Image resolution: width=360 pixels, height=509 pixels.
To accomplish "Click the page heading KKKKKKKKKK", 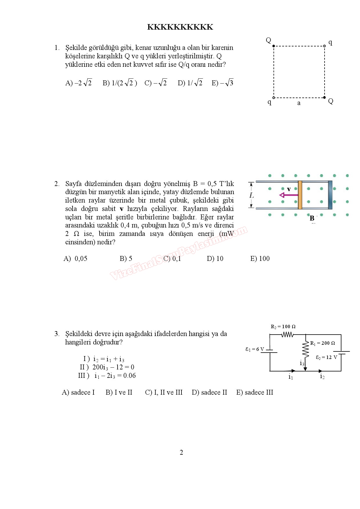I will click(x=180, y=27).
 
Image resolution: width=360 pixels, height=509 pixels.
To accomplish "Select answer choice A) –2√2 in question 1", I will click(x=78, y=83).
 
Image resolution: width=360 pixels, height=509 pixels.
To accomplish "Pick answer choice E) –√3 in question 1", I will click(x=222, y=83).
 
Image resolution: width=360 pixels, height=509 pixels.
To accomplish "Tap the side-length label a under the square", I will click(x=299, y=103).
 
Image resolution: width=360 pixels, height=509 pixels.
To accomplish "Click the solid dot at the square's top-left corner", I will click(x=273, y=46).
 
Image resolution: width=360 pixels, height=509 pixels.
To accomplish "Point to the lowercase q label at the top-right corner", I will click(x=330, y=42).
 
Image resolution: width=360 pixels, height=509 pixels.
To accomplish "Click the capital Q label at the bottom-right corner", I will click(x=330, y=101).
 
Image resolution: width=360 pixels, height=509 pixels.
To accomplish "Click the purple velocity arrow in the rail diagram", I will click(x=289, y=195).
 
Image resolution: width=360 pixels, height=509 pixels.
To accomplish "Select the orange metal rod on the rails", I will click(x=300, y=195).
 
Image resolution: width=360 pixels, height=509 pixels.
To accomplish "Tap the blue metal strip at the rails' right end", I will click(x=330, y=195).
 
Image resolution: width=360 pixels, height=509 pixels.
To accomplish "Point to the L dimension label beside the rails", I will click(x=251, y=195).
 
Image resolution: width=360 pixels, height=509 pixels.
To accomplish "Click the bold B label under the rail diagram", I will click(x=312, y=218).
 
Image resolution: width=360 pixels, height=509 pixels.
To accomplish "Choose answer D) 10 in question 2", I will click(x=215, y=259).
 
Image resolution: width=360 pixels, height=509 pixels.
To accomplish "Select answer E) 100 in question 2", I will click(x=260, y=259).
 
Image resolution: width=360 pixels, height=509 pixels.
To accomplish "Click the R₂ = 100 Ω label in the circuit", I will click(x=283, y=326).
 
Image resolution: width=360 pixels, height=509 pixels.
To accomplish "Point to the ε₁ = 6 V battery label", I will click(x=255, y=349).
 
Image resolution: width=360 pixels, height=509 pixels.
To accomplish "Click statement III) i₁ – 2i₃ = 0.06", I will click(x=107, y=376).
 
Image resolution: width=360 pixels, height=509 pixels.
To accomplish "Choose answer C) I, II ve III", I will click(x=164, y=392).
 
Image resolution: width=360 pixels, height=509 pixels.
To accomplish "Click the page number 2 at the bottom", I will click(x=181, y=452).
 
